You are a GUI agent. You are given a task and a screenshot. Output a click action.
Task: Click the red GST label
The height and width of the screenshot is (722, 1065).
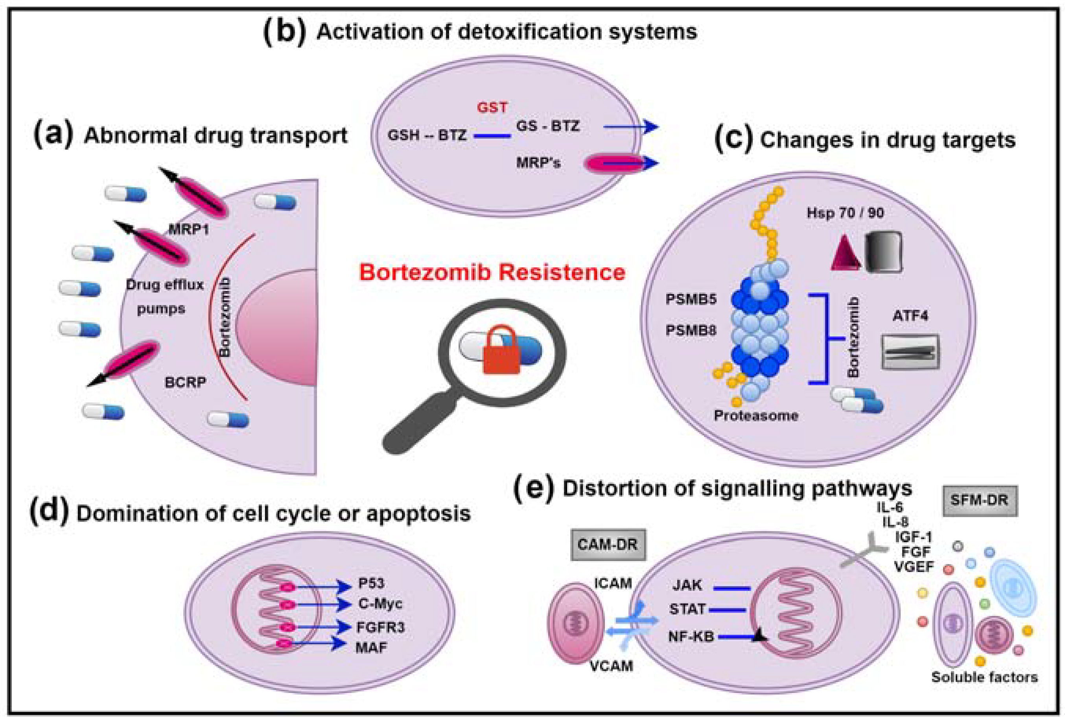pos(492,107)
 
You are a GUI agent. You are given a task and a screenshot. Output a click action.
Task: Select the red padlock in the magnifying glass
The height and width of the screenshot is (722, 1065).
pos(501,350)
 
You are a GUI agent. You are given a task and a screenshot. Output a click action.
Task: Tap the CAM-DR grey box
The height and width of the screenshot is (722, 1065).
pos(608,544)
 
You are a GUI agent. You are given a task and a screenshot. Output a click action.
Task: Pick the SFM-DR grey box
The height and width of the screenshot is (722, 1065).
pos(979,500)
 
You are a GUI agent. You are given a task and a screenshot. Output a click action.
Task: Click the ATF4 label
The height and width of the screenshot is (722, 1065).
pos(910,316)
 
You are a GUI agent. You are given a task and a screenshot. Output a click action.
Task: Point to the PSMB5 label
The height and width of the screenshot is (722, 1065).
pos(691,300)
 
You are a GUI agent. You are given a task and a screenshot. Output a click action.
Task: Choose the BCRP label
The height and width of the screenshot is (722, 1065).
pos(185,382)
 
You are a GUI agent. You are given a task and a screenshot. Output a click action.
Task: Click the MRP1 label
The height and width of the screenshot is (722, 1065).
pos(189,229)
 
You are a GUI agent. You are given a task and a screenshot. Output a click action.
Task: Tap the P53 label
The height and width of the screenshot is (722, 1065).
pos(371,583)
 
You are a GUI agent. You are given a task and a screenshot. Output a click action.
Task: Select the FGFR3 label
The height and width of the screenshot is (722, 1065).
pos(380,627)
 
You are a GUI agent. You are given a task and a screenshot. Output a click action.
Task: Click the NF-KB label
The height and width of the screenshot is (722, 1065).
pos(691,637)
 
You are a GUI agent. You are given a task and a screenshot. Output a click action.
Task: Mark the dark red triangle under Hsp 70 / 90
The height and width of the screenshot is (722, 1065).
pos(845,254)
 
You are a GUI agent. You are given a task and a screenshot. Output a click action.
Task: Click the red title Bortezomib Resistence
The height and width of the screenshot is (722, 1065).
pos(492,272)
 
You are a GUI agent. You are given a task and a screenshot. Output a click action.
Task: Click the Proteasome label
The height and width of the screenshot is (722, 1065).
pos(756,416)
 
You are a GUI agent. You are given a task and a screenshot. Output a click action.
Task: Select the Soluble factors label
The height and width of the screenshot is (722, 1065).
pos(984,677)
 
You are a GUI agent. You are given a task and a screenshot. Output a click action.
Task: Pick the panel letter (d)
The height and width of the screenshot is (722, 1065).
pos(49,512)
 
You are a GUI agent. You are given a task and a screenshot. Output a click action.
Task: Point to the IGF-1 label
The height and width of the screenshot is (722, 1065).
pos(913,537)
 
